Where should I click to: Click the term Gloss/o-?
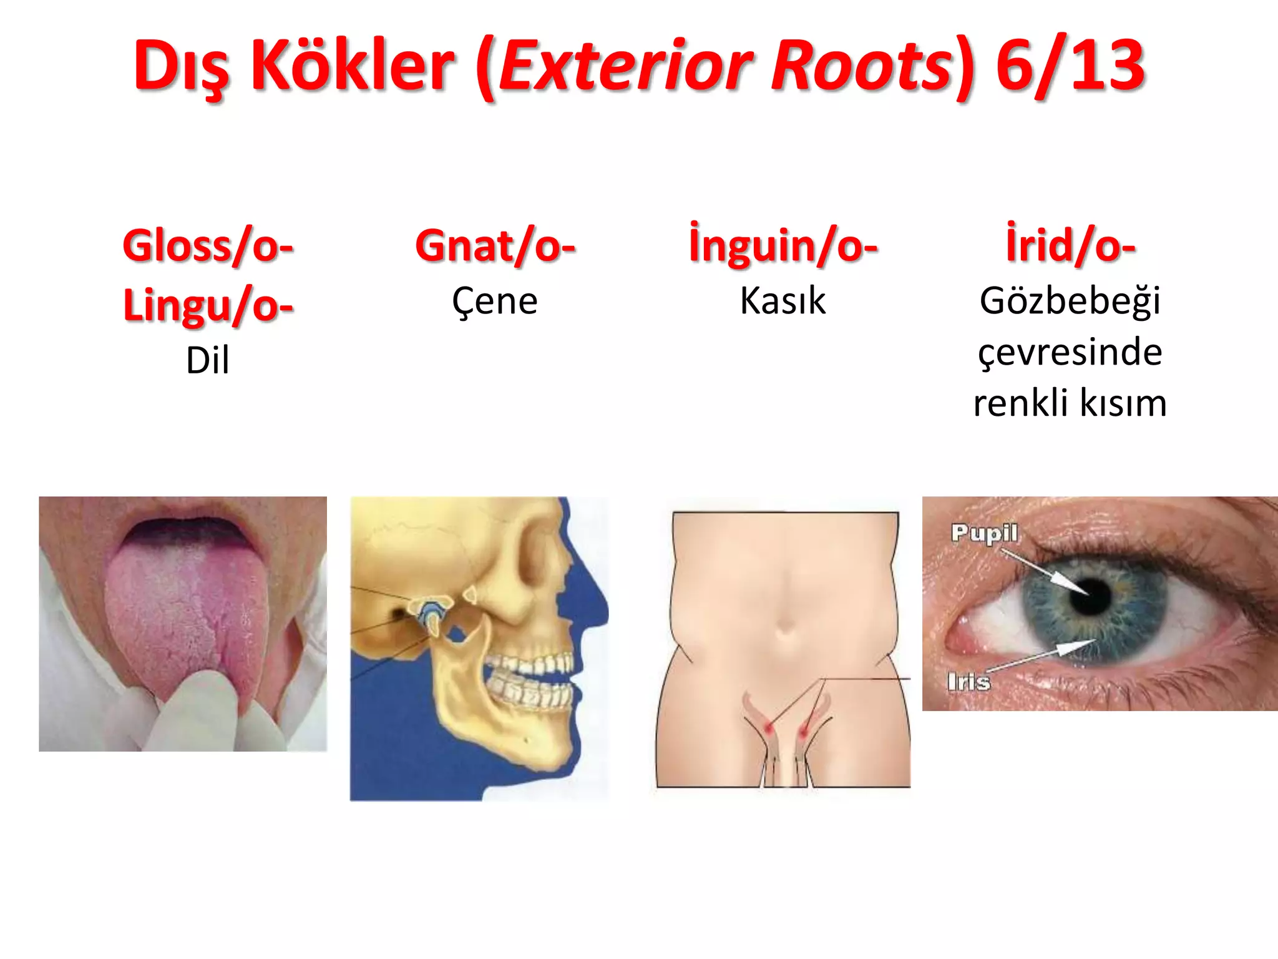(208, 246)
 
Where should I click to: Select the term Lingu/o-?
(208, 305)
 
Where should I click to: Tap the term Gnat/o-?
(495, 246)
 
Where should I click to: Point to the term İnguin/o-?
(783, 245)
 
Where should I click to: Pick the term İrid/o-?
(1070, 245)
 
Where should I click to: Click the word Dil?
(208, 360)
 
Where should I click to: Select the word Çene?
(495, 302)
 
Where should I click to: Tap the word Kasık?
(783, 301)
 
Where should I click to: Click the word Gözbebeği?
(1070, 302)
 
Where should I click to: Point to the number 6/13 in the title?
(1070, 65)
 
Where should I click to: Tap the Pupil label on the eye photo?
(984, 533)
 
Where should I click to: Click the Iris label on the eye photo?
(968, 681)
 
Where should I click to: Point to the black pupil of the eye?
(1091, 595)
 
